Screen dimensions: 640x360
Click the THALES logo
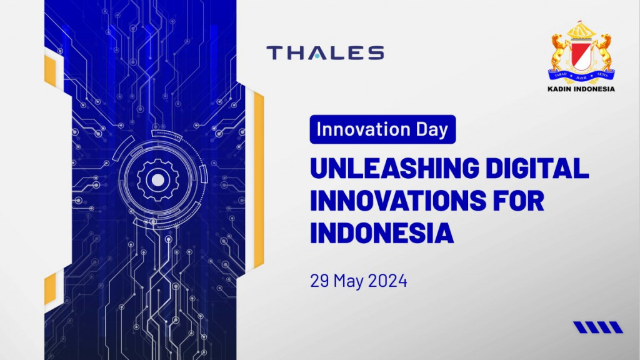(x=325, y=53)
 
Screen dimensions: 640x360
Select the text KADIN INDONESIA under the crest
(x=581, y=89)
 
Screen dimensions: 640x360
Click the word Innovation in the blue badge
(x=363, y=129)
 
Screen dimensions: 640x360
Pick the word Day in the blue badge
(x=432, y=130)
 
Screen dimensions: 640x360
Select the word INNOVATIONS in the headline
(x=398, y=201)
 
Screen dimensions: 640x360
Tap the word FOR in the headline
(x=519, y=201)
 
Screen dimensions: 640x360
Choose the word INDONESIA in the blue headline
(x=382, y=232)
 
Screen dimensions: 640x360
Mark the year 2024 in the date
(x=387, y=281)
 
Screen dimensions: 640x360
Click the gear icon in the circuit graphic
(x=157, y=180)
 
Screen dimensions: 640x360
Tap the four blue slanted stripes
(x=598, y=327)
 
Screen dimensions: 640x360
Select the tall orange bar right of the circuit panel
(x=259, y=179)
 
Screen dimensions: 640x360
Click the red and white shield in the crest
(x=581, y=56)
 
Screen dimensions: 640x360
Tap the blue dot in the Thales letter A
(x=317, y=57)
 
